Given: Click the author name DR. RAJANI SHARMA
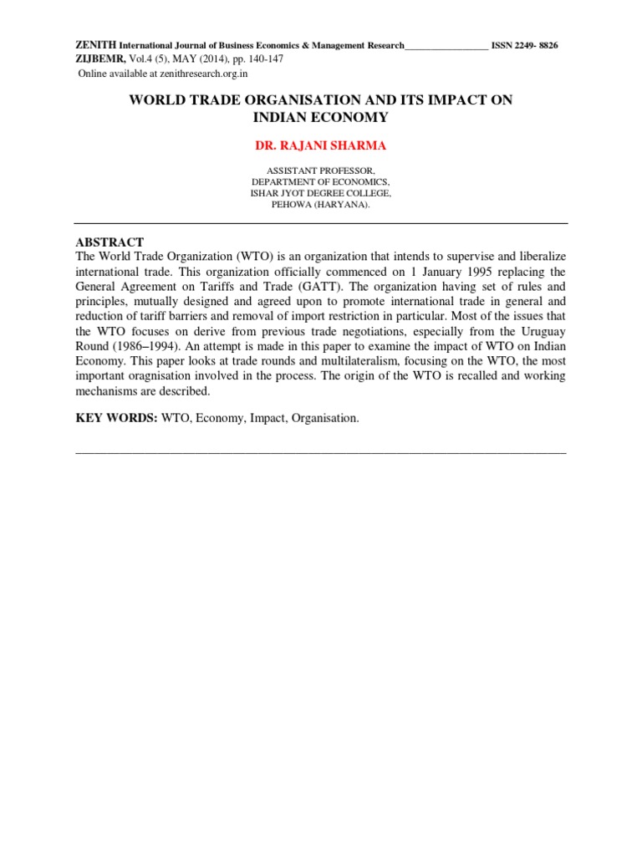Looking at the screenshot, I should click(x=320, y=145).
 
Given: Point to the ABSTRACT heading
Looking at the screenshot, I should click(x=110, y=242).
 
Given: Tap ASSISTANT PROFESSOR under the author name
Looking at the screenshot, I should click(x=320, y=170).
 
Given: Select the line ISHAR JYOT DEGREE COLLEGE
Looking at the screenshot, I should click(x=320, y=193).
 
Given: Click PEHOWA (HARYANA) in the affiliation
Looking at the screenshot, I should click(x=320, y=205).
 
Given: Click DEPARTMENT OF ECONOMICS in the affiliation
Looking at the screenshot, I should click(x=320, y=181).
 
